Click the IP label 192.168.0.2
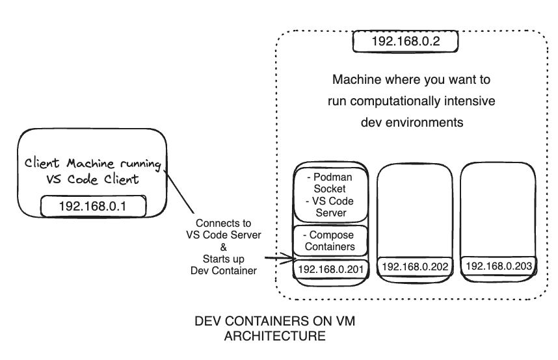tap(405, 42)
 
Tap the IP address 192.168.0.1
tap(92, 207)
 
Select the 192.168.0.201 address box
tap(330, 269)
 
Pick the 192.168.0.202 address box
tap(415, 266)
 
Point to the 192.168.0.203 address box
tap(499, 266)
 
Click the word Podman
tap(333, 177)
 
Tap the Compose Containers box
tap(330, 240)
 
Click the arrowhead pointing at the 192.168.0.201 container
tap(292, 259)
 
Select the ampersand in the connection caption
tap(224, 247)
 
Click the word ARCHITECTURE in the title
tap(274, 336)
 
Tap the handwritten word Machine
tap(90, 163)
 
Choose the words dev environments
tap(412, 122)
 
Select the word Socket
tap(330, 189)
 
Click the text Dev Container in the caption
tap(224, 271)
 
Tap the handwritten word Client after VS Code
tap(122, 179)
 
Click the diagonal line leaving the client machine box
tap(179, 192)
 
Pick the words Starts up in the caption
tap(224, 259)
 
